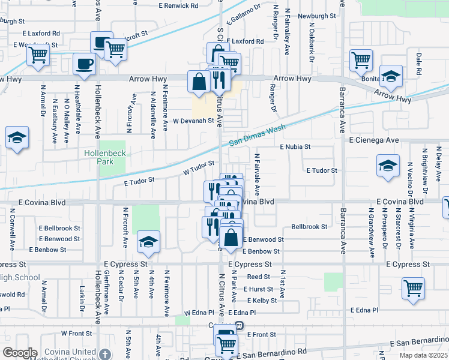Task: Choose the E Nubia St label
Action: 295,146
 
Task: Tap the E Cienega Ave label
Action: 374,140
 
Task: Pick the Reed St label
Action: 258,277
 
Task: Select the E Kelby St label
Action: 259,299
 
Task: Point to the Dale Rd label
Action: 419,60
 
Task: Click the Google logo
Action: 19,353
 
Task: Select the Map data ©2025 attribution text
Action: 423,356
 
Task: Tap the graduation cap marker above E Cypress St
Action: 148,242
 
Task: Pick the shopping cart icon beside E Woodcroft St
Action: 38,55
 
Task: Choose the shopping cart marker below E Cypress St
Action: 413,289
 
